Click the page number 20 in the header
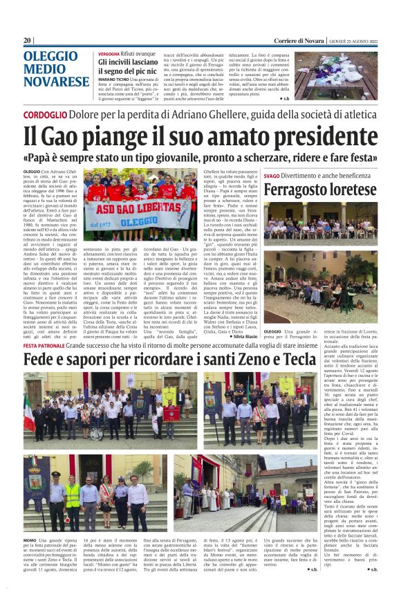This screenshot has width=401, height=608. click(x=28, y=41)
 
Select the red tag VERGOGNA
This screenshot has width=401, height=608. click(x=109, y=53)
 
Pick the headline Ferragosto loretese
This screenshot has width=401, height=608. click(x=319, y=190)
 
